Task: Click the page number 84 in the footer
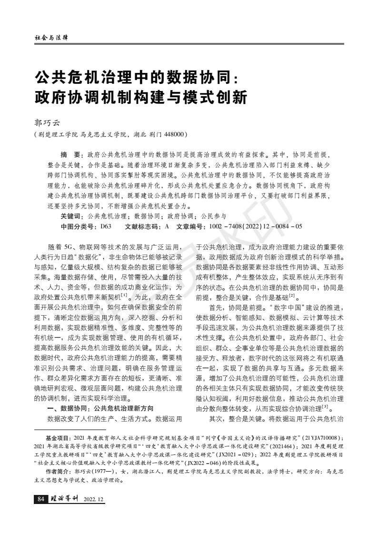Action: click(x=40, y=499)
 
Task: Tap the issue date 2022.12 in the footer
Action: click(x=94, y=499)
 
